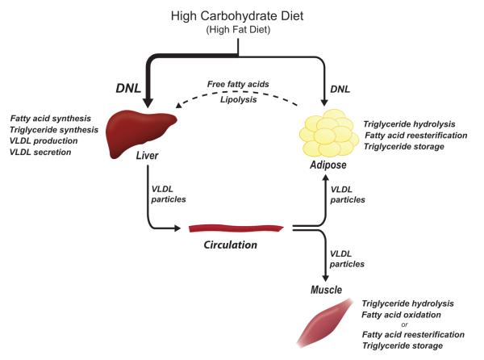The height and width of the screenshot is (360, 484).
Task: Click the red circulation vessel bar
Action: [235, 228]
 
